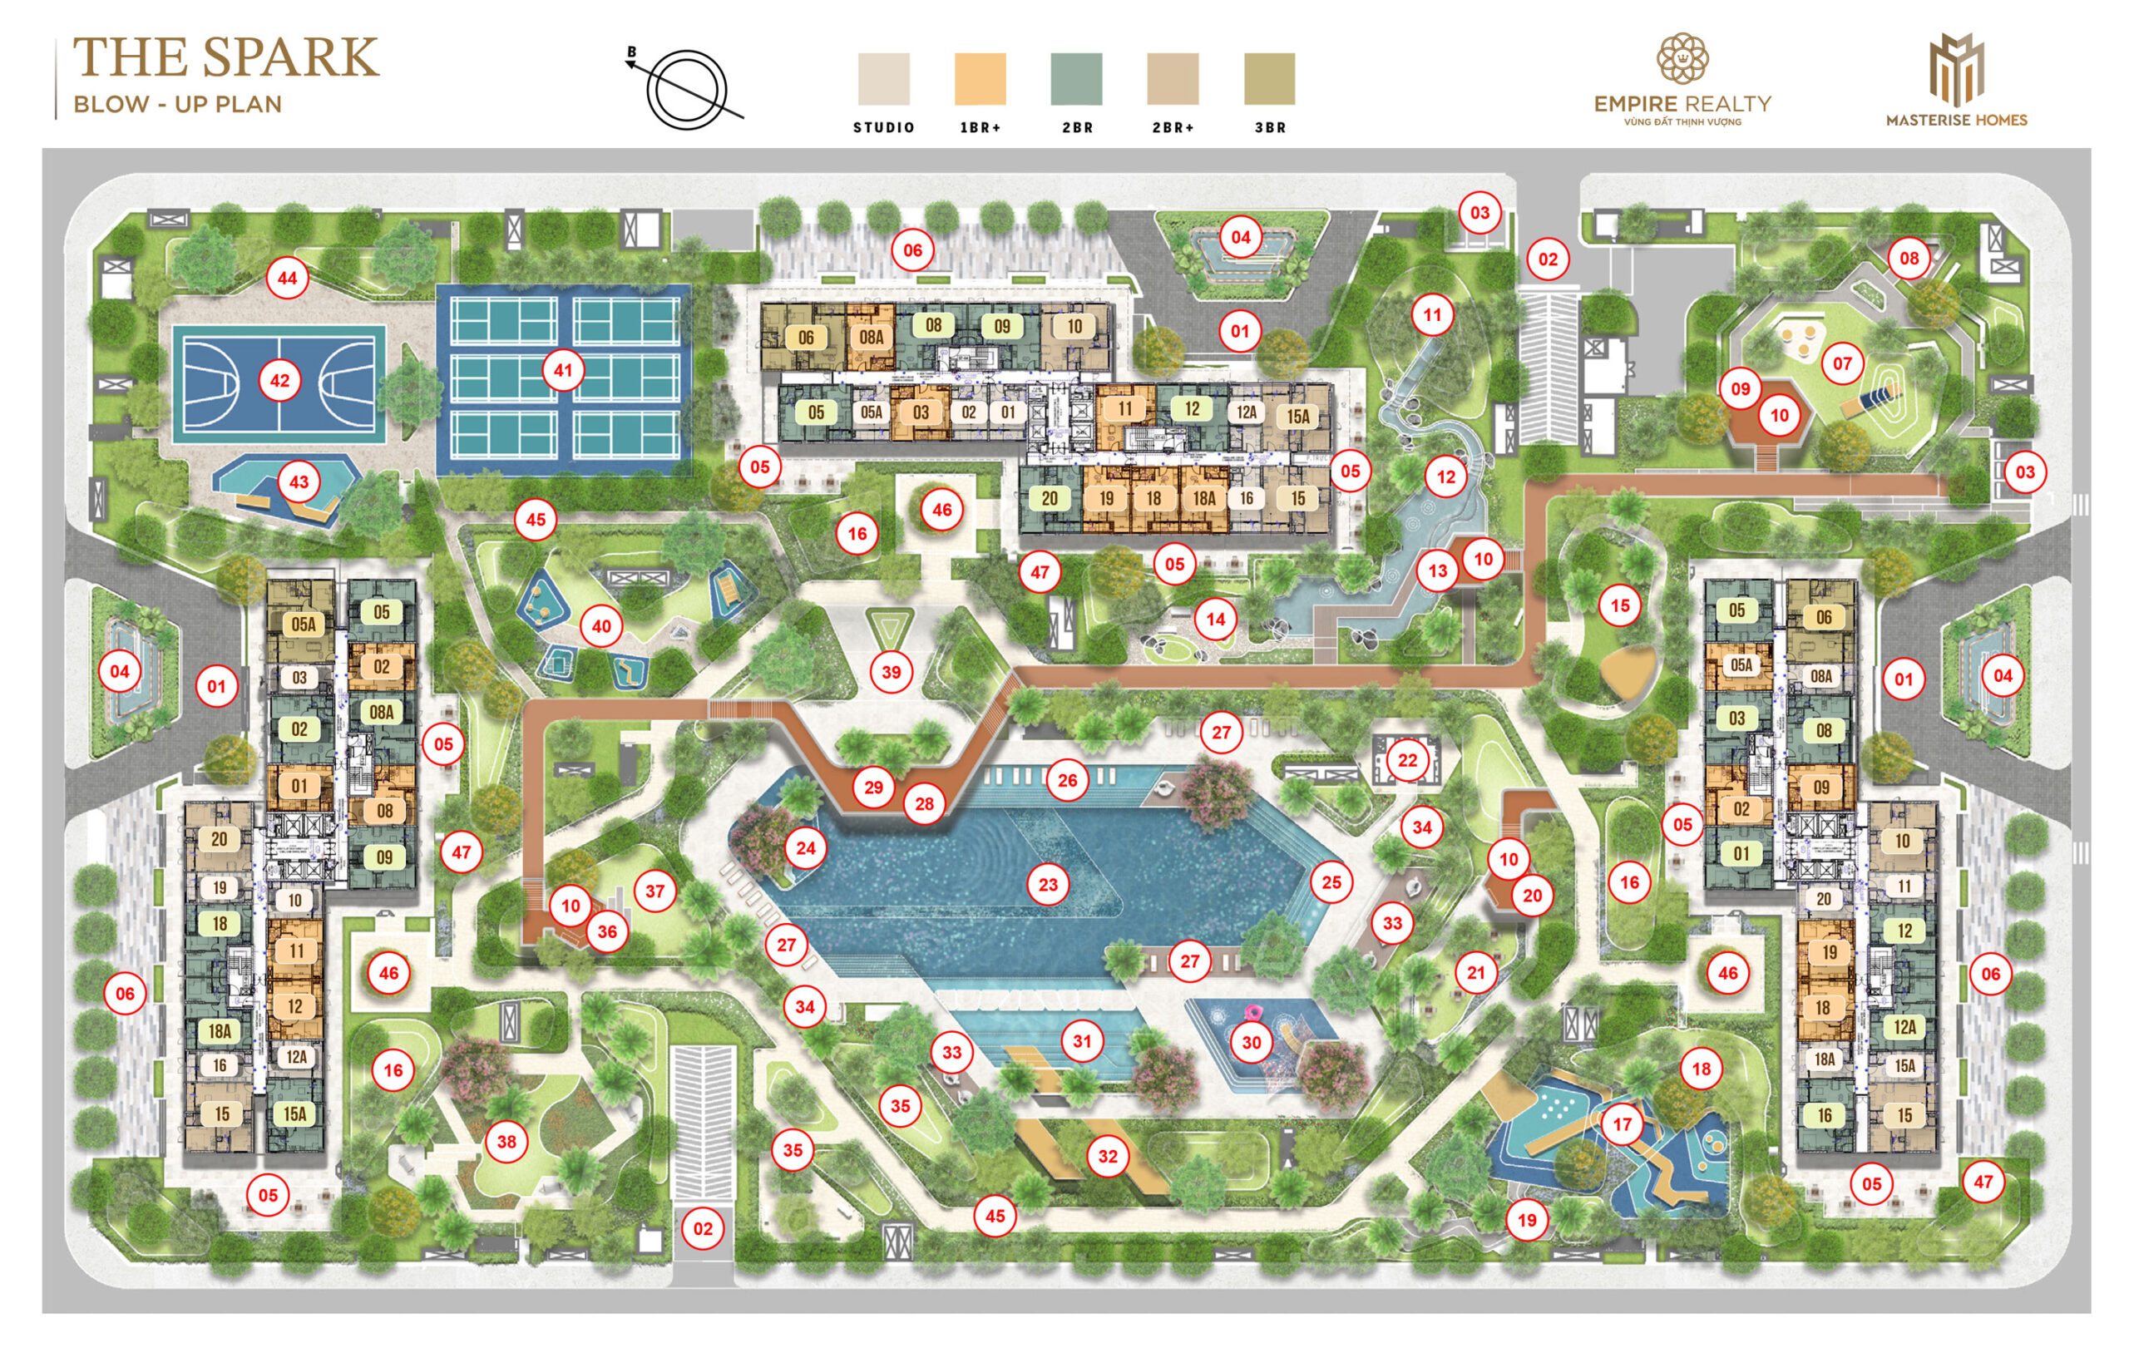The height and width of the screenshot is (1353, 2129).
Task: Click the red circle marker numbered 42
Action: pyautogui.click(x=279, y=381)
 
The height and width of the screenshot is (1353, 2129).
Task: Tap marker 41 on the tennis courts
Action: pyautogui.click(x=563, y=370)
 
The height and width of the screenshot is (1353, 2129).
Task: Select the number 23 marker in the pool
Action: pyautogui.click(x=1048, y=884)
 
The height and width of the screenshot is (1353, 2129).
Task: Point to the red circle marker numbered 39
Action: pyautogui.click(x=892, y=672)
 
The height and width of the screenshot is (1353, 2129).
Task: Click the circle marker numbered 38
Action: pyautogui.click(x=506, y=1142)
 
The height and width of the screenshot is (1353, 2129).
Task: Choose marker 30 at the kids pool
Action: pyautogui.click(x=1251, y=1043)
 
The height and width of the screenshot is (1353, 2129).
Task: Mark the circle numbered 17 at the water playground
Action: pyautogui.click(x=1623, y=1125)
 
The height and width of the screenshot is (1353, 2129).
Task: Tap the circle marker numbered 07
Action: pyautogui.click(x=1841, y=363)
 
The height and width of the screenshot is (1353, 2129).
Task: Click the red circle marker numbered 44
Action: pyautogui.click(x=288, y=279)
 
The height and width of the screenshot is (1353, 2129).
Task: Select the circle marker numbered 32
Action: pyautogui.click(x=1108, y=1156)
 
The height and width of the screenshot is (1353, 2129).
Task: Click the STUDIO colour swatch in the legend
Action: pyautogui.click(x=883, y=80)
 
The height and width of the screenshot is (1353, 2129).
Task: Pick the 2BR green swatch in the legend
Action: pyautogui.click(x=1076, y=80)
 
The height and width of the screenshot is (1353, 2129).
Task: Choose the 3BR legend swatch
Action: pyautogui.click(x=1269, y=80)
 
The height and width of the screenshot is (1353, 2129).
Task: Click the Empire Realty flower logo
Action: pyautogui.click(x=1682, y=60)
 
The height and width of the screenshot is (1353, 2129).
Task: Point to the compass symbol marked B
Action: pyautogui.click(x=686, y=88)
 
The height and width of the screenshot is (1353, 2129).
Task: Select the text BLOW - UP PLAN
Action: pyautogui.click(x=177, y=104)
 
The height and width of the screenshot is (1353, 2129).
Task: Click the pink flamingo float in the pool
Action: pyautogui.click(x=1251, y=1014)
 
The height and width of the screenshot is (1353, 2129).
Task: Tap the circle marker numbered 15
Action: pyautogui.click(x=1620, y=605)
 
